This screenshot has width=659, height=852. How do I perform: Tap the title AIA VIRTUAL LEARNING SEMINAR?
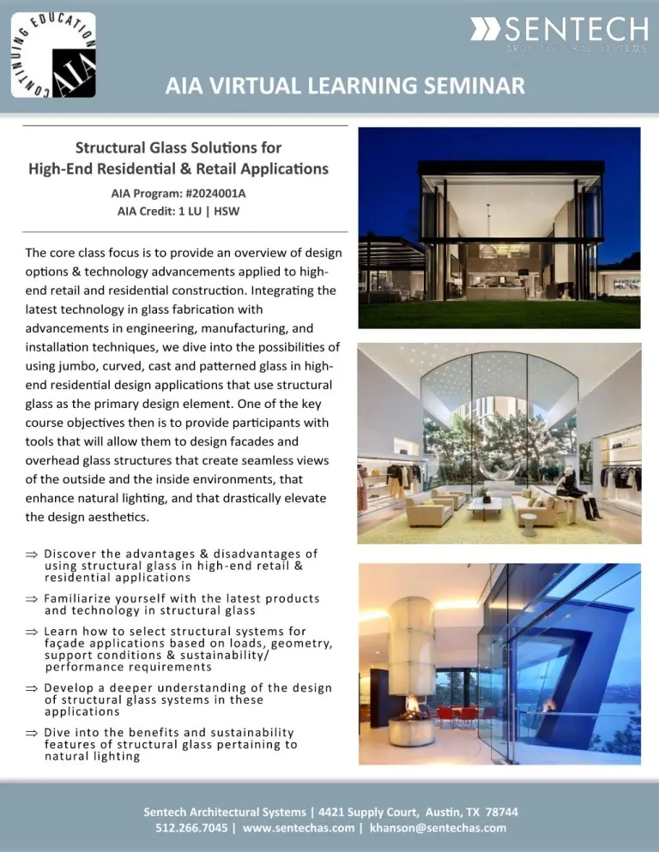click(344, 87)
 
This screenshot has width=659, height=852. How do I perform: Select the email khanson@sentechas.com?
click(438, 827)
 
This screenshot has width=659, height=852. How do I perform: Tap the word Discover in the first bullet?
click(70, 553)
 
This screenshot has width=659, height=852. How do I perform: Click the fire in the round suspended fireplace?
click(413, 713)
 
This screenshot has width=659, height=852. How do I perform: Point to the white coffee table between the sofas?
click(485, 503)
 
